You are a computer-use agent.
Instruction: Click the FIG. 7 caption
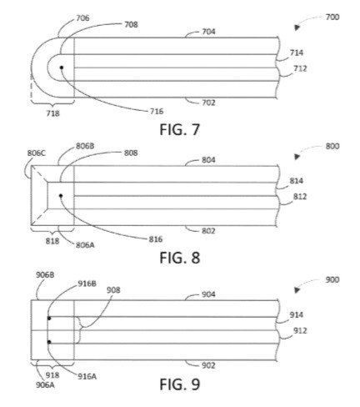tap(180, 129)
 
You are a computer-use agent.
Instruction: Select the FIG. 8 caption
tap(180, 258)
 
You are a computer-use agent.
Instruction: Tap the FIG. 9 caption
tap(180, 384)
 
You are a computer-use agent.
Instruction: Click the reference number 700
tap(332, 18)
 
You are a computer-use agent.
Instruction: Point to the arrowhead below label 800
tap(297, 157)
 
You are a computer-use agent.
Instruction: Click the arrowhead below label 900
tap(297, 290)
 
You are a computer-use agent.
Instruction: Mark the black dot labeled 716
tap(62, 68)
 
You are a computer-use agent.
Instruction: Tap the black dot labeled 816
tap(61, 196)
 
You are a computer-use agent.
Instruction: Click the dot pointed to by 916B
tap(49, 318)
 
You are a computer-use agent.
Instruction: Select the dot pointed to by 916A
tap(49, 342)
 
